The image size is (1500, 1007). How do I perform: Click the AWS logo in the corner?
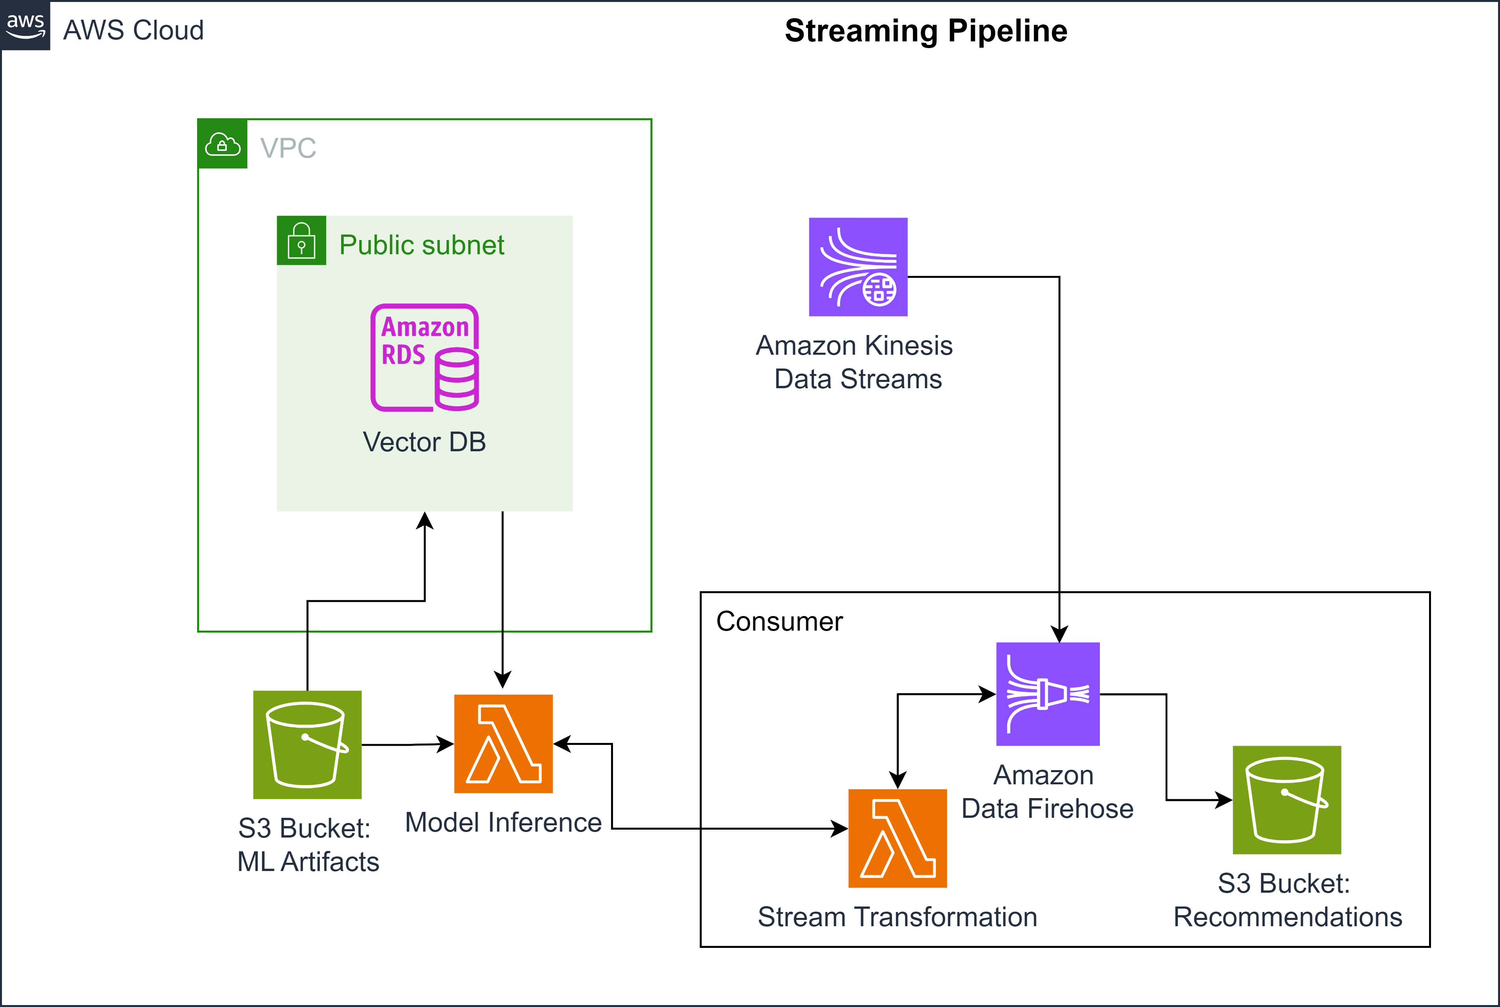pyautogui.click(x=25, y=26)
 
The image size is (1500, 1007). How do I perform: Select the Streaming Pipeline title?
pyautogui.click(x=926, y=31)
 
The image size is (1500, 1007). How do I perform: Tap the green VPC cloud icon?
pyautogui.click(x=222, y=144)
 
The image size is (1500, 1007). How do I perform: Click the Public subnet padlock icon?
pyautogui.click(x=301, y=240)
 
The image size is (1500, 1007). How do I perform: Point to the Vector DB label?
pyautogui.click(x=424, y=442)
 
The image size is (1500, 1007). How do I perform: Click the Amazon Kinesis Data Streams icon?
pyautogui.click(x=857, y=266)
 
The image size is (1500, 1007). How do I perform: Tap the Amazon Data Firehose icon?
pyautogui.click(x=1048, y=694)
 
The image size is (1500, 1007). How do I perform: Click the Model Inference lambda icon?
pyautogui.click(x=503, y=744)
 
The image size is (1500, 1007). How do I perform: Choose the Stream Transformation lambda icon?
pyautogui.click(x=897, y=838)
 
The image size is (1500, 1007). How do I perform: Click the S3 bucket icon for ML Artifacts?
pyautogui.click(x=307, y=745)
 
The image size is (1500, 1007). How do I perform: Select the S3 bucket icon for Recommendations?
pyautogui.click(x=1287, y=800)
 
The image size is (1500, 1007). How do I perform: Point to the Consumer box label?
pyautogui.click(x=779, y=621)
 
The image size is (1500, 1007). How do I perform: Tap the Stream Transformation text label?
pyautogui.click(x=897, y=916)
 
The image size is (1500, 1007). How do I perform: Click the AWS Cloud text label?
pyautogui.click(x=134, y=30)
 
